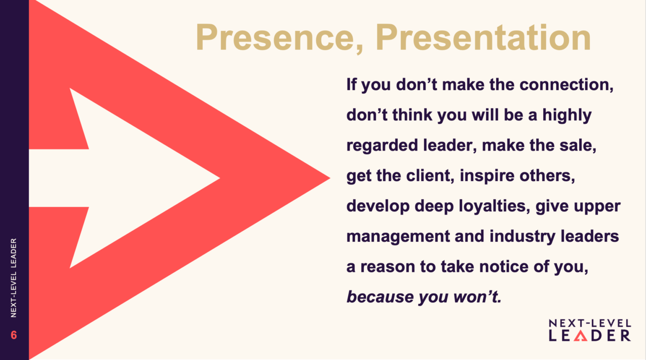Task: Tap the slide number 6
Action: point(14,335)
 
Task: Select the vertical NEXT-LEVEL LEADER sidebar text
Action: point(14,278)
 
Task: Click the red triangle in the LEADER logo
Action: point(580,336)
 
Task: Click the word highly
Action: point(567,115)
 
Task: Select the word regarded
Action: point(382,146)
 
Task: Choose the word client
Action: point(430,175)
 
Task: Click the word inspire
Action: point(487,176)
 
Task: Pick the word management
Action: point(398,236)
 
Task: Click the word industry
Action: point(522,236)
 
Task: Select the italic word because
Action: point(380,297)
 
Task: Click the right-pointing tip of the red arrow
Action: point(330,178)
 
